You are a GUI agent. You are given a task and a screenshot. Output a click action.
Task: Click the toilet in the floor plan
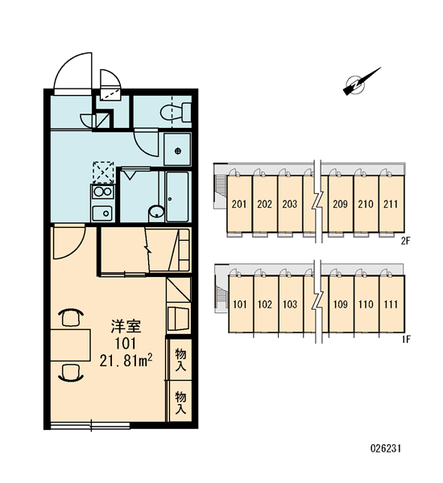[x=176, y=112]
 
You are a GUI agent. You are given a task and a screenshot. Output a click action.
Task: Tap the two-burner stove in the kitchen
[x=102, y=192]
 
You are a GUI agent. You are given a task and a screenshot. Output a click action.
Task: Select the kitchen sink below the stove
[x=102, y=213]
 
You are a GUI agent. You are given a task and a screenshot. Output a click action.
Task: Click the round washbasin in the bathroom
[x=156, y=213]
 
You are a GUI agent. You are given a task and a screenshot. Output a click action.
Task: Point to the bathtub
[x=177, y=196]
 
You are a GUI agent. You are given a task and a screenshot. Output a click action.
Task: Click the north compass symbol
[x=361, y=82]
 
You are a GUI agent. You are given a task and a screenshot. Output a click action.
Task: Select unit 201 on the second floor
[x=239, y=204]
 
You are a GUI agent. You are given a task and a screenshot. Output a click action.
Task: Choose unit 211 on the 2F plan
[x=391, y=204]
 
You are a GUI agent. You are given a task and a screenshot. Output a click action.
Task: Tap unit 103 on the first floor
[x=290, y=304]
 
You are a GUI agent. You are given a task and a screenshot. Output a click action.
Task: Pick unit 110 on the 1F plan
[x=366, y=304]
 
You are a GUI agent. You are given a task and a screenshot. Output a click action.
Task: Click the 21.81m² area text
[x=126, y=360]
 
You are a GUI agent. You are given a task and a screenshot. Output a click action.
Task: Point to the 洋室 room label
[x=126, y=327]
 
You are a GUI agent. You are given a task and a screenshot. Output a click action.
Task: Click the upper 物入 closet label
[x=180, y=360]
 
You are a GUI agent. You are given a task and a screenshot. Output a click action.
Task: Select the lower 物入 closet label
[x=180, y=402]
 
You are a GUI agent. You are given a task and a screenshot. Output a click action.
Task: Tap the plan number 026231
[x=386, y=448]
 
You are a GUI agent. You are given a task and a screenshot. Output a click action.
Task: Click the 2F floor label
[x=406, y=241]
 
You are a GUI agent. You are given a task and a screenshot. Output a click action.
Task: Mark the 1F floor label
[x=406, y=339]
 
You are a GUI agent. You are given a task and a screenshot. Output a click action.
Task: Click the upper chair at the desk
[x=71, y=317]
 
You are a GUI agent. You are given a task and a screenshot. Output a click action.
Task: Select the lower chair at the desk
[x=71, y=372]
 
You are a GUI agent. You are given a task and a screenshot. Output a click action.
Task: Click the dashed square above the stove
[x=103, y=172]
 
